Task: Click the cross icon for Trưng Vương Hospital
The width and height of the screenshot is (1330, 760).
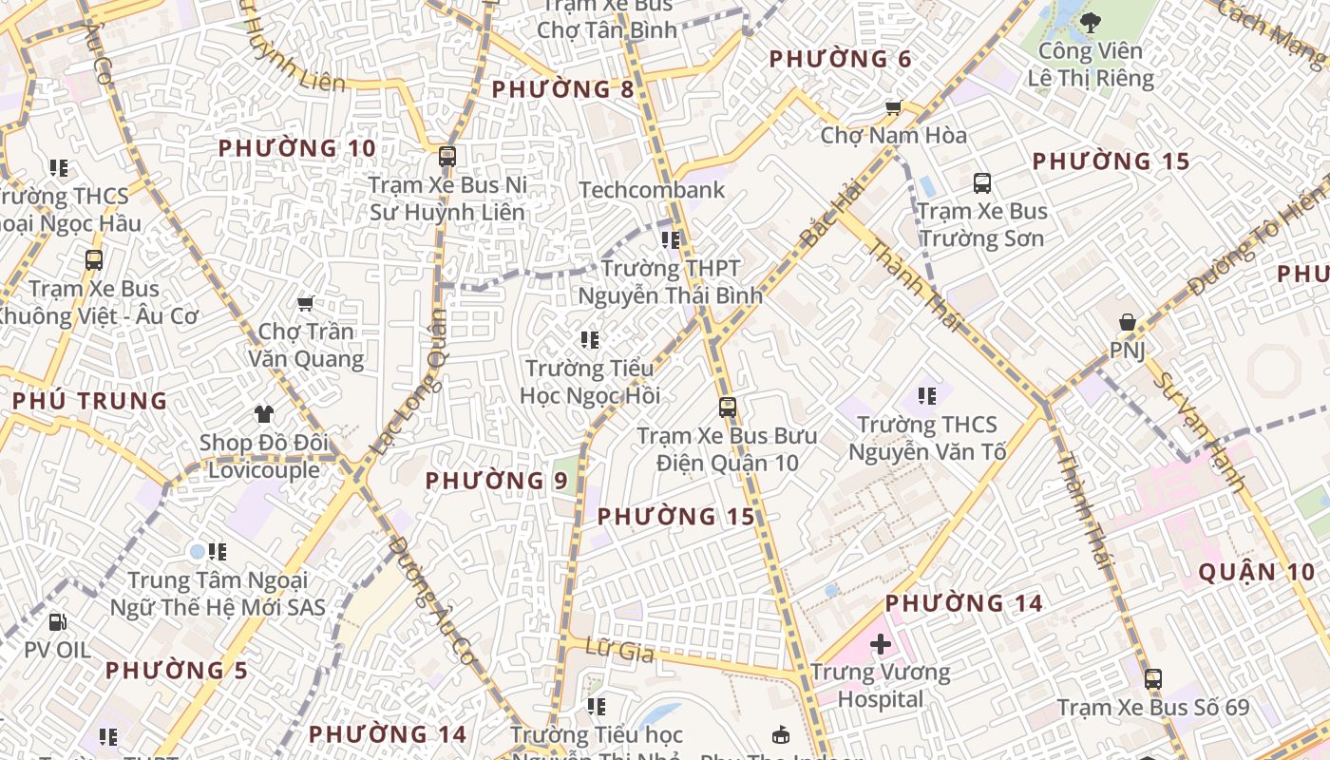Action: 881,644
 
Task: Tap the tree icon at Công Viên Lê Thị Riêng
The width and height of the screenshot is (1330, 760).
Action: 1091,21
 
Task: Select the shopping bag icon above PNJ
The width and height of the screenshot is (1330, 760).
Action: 1127,323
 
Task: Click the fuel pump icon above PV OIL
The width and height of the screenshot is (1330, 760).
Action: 57,622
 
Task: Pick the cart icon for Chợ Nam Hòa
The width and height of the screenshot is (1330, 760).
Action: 893,107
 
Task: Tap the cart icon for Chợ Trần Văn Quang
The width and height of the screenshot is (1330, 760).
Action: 305,304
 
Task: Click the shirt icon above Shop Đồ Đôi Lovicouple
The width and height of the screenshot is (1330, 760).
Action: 264,414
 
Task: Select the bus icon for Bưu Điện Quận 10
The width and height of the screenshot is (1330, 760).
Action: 728,408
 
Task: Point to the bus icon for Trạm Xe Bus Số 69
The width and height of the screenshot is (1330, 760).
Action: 1152,679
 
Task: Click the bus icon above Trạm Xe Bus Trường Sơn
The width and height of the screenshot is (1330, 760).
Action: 981,183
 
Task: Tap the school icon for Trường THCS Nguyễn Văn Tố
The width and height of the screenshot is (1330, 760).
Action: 927,395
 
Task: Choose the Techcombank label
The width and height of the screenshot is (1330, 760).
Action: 652,190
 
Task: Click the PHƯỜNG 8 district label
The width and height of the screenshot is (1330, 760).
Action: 563,90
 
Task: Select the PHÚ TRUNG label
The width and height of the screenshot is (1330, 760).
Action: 90,401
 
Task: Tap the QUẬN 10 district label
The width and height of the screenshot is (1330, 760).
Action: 1256,572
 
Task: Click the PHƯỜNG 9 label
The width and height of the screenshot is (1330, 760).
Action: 496,481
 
